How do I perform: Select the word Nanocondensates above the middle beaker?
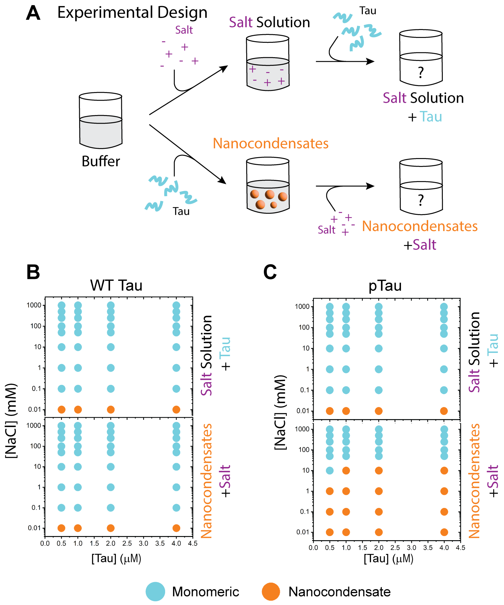[270, 143]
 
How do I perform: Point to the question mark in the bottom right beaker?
[421, 200]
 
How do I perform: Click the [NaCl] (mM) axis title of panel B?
[12, 421]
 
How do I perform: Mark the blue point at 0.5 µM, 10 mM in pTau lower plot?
[330, 471]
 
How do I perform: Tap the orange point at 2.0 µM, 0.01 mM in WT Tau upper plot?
[111, 409]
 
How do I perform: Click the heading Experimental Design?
[132, 13]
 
